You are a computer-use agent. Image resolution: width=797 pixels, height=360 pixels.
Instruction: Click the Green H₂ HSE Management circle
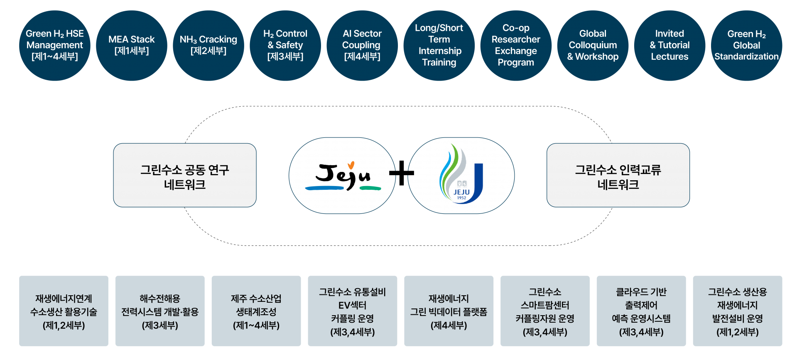pos(54,45)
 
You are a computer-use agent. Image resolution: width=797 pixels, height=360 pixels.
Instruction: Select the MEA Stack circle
pos(131,45)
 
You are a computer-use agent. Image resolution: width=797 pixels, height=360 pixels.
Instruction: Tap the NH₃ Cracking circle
pos(208,45)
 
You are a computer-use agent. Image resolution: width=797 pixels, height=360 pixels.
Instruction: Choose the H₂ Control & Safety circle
pos(285,45)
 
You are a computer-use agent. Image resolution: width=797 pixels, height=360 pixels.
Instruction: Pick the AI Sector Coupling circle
pos(362,45)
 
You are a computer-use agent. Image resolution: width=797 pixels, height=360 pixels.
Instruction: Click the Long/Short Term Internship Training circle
pos(439,45)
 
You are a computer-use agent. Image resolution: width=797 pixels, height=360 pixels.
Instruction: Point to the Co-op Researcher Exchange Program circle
pos(516,45)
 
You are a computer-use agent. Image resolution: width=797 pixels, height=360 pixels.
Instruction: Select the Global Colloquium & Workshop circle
pos(593,45)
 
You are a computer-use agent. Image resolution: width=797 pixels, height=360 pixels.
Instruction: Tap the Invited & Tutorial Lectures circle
pos(669,45)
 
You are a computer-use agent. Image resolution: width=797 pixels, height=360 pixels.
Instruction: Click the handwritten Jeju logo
pos(343,176)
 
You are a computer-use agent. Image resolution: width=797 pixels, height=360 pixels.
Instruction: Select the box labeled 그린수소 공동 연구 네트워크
pos(185,175)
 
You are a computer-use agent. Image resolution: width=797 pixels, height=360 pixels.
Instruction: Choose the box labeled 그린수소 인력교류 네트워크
pos(618,175)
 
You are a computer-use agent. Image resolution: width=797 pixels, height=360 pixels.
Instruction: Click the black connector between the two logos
pos(402,173)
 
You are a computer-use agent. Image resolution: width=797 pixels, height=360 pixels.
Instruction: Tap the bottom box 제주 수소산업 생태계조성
pos(256,311)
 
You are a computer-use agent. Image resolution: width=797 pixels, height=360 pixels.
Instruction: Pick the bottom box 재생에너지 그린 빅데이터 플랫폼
pos(449,311)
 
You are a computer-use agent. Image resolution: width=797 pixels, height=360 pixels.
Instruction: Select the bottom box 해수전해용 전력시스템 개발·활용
pos(160,311)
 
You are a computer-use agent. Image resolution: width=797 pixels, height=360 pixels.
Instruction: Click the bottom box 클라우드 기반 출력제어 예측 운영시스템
pos(641,311)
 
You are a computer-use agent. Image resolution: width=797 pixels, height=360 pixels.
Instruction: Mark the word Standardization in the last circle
pos(746,56)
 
